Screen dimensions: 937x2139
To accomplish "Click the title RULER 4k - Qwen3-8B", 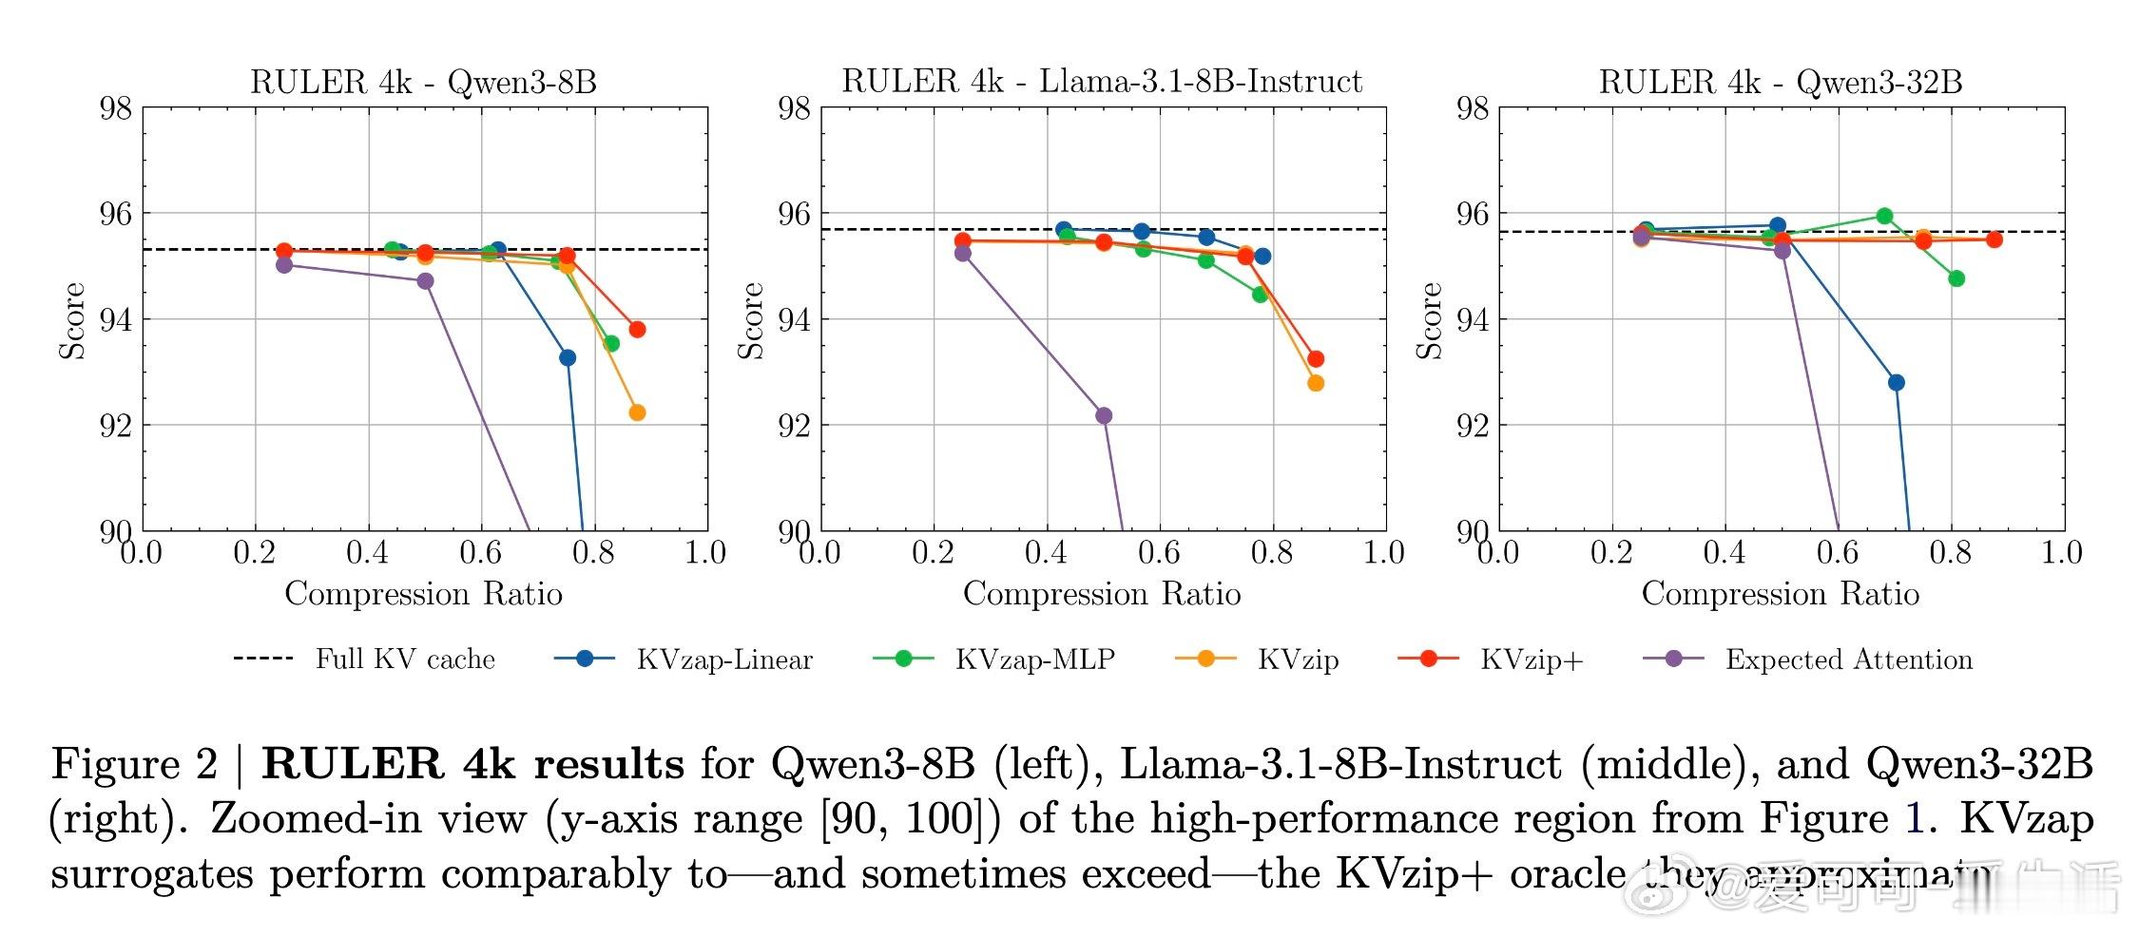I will point(423,83).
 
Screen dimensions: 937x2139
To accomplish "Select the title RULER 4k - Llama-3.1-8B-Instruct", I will point(1102,83).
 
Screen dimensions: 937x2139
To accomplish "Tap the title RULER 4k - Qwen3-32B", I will point(1780,83).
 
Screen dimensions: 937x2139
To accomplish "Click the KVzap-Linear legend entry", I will point(684,659).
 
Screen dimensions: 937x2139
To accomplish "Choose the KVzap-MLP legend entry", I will point(994,659).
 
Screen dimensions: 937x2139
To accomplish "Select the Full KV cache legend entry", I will point(365,659).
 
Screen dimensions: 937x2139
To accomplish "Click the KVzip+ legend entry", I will point(1492,659).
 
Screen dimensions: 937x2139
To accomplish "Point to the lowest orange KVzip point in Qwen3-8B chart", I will point(637,412).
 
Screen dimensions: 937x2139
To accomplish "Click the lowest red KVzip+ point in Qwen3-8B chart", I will point(637,330).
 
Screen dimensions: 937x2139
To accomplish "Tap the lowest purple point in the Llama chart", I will point(1104,415).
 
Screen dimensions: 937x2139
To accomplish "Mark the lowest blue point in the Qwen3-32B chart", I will point(1897,383).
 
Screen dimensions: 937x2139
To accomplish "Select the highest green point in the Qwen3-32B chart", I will point(1884,216).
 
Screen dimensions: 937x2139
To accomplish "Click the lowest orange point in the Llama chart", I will point(1316,383).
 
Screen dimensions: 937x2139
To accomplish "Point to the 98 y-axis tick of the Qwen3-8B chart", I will point(116,108).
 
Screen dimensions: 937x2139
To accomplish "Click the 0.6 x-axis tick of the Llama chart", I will point(1159,552).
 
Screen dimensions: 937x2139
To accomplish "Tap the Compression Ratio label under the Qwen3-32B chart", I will point(1780,594).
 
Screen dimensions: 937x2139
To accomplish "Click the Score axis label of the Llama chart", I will point(751,320).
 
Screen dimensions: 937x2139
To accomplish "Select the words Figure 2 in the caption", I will point(134,764).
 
